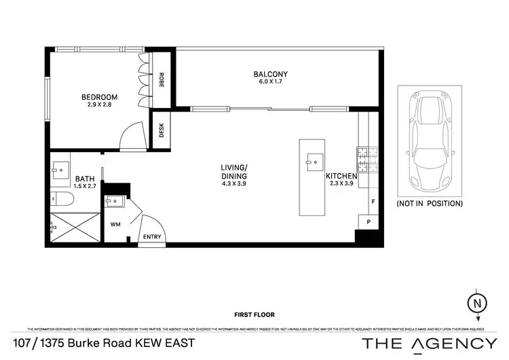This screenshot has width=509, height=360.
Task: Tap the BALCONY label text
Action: [x=271, y=74]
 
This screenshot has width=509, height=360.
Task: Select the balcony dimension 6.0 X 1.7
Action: [x=271, y=83]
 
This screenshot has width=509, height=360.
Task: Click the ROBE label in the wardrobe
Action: [x=162, y=81]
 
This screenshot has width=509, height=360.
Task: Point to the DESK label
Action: [x=162, y=129]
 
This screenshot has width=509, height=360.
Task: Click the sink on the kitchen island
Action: [x=312, y=160]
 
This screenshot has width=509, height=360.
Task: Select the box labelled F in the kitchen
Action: [x=373, y=202]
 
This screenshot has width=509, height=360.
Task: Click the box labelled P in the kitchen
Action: [x=369, y=222]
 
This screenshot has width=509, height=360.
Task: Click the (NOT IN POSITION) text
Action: [x=429, y=203]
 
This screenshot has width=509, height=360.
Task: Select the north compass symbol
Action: [x=479, y=302]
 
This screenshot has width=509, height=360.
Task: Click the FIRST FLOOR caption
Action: [x=254, y=315]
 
